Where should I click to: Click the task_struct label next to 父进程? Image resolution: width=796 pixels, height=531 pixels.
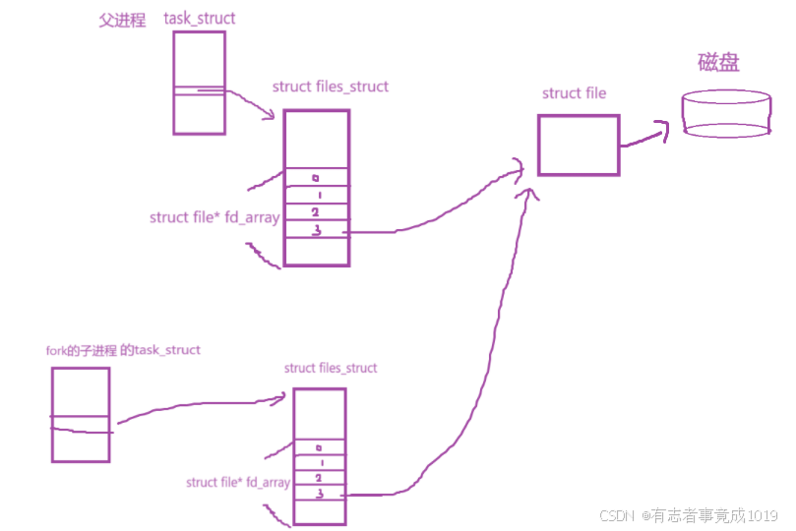tap(200, 19)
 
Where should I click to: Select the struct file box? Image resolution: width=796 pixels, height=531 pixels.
tap(579, 145)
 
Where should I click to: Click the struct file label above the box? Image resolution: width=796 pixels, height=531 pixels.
tap(574, 93)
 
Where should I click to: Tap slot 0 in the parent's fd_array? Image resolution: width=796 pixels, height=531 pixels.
tap(316, 177)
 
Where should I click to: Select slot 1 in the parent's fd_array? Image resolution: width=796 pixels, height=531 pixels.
tap(316, 195)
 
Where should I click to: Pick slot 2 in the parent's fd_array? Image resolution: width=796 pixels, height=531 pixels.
tap(316, 211)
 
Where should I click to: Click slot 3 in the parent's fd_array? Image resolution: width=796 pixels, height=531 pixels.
tap(316, 229)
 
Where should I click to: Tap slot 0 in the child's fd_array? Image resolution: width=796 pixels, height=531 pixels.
tap(320, 447)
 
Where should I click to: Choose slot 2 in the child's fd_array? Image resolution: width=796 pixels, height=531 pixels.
tap(320, 478)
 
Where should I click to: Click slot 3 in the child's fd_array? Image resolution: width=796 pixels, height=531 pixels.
tap(320, 494)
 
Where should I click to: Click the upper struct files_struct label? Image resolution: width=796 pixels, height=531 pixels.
tap(330, 87)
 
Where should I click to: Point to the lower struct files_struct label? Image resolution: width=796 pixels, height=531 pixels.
tap(330, 368)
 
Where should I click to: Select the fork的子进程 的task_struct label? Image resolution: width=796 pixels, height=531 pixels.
tap(123, 350)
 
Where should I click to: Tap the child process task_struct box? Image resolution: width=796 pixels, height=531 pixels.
tap(81, 414)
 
